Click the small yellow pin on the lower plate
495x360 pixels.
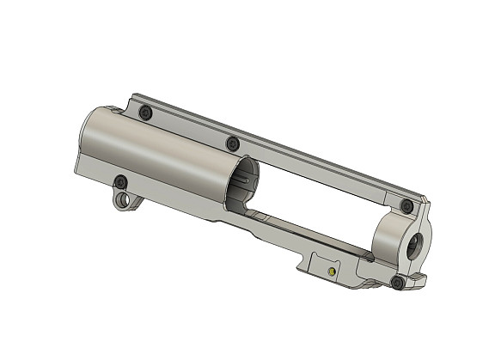(x=332, y=272)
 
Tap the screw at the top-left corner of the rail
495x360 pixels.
(x=145, y=113)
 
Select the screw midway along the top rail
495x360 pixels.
(x=232, y=143)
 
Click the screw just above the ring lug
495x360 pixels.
(x=121, y=181)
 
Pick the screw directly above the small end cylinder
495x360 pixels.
(x=407, y=205)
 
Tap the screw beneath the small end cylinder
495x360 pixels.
(x=396, y=281)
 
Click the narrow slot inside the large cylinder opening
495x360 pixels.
(x=249, y=181)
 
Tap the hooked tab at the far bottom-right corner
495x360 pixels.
(x=419, y=278)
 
